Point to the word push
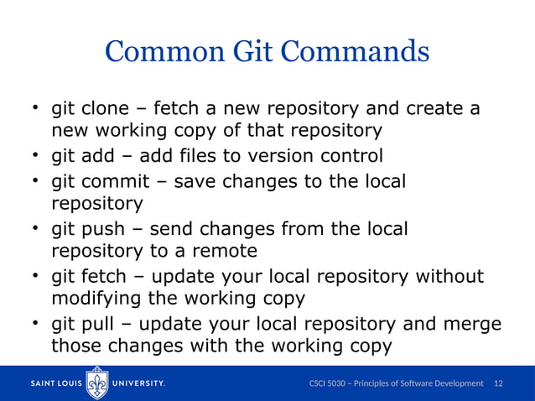(105, 229)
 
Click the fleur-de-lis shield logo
(99, 383)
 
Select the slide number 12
(499, 383)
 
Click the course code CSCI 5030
(331, 383)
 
